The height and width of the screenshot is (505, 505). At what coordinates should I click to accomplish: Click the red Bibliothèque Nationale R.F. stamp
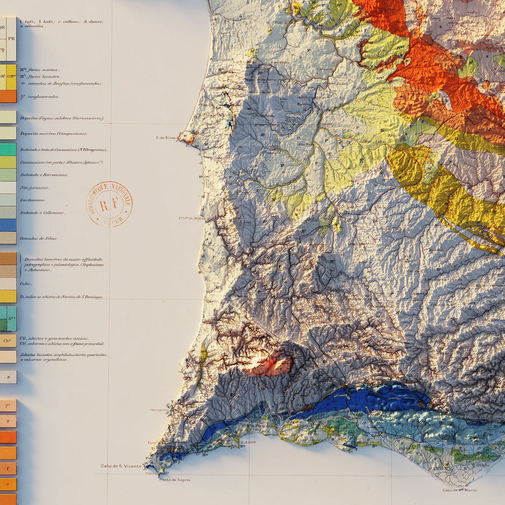(x=109, y=204)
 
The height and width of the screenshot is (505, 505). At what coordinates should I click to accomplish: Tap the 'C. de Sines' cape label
(x=166, y=138)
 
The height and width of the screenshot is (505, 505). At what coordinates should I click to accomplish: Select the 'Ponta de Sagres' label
(x=175, y=480)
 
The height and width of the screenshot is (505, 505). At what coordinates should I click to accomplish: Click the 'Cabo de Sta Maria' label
(x=459, y=490)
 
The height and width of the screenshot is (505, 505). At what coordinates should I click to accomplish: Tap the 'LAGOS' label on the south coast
(x=248, y=442)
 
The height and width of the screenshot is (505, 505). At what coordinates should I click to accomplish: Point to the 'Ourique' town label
(x=356, y=244)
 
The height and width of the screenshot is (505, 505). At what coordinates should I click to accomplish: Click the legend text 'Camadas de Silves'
(x=38, y=238)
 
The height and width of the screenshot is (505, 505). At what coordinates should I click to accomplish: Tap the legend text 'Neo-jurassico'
(x=34, y=188)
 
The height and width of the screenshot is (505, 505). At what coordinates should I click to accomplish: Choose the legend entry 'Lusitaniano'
(x=33, y=200)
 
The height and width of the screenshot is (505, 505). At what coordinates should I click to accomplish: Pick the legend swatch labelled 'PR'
(x=12, y=39)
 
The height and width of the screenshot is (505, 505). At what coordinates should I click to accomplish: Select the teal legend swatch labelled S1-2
(x=12, y=318)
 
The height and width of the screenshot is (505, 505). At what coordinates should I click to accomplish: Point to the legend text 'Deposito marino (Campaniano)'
(x=53, y=134)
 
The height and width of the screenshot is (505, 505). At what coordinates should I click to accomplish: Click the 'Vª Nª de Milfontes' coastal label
(x=193, y=218)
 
